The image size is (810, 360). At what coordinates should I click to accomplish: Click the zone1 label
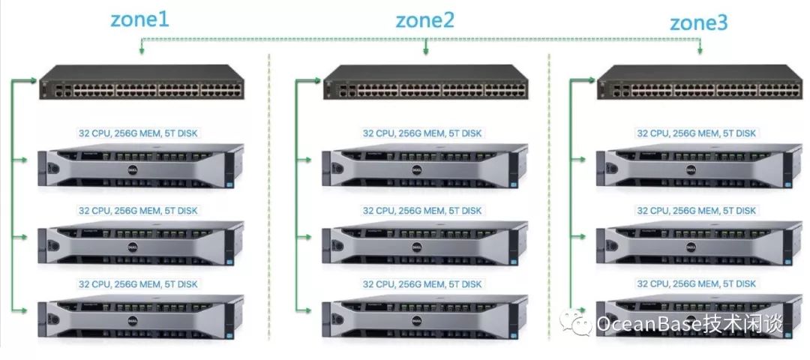pos(139,20)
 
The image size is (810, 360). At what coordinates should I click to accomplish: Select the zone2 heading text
pos(424,20)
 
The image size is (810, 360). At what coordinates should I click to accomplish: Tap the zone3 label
pos(698,22)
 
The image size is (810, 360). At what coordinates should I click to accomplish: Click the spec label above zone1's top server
pos(139,133)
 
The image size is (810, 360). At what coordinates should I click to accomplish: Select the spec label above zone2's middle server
pos(422,211)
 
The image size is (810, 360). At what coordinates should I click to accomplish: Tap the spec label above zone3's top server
pos(697,133)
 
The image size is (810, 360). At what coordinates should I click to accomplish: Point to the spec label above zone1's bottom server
pos(139,284)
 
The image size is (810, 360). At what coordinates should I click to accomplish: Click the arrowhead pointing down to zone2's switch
pos(425,51)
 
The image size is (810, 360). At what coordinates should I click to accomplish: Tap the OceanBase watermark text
pos(690,324)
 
